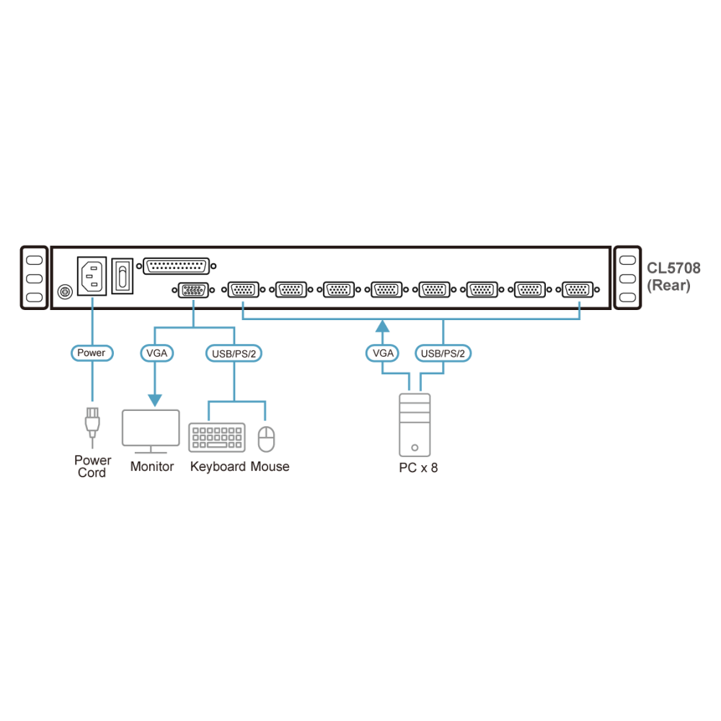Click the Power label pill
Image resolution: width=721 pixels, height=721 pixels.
pos(92,353)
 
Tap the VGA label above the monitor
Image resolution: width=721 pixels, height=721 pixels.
pos(156,353)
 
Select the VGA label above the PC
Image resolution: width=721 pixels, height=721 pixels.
pos(383,353)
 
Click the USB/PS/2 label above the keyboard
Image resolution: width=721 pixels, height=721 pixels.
pos(234,353)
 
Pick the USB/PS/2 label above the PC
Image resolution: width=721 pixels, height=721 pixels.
pos(443,353)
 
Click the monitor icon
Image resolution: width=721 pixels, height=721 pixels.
pos(151,431)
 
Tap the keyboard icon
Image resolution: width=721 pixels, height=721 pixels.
pos(217,438)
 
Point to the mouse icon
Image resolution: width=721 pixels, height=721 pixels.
pos(266,438)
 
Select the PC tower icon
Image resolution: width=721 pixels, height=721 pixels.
pos(415,425)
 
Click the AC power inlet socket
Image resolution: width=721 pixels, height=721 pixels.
pos(92,276)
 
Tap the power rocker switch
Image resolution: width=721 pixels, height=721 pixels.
pos(123,276)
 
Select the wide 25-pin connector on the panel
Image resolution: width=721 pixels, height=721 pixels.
pos(176,266)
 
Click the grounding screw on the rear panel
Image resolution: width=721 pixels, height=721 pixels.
pos(65,291)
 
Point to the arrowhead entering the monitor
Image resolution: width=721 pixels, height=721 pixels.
pos(155,400)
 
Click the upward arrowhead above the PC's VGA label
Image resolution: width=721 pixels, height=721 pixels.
pos(383,326)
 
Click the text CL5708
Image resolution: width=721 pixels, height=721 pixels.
pos(673,268)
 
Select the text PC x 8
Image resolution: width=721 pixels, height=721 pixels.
pos(418,468)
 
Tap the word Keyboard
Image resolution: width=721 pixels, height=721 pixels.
pos(218,466)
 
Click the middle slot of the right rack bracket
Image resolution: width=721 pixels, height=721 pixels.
pos(627,278)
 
